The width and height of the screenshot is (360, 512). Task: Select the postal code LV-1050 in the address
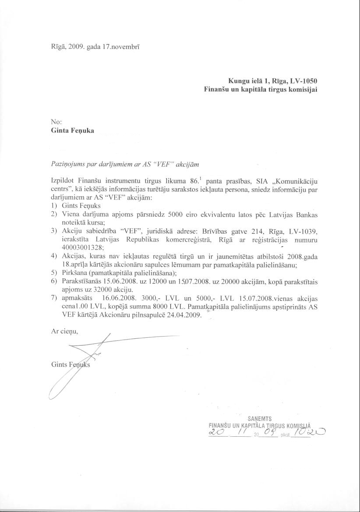[303, 81]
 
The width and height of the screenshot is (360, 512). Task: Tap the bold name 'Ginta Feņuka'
[72, 130]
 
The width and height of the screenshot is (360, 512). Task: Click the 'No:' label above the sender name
[57, 122]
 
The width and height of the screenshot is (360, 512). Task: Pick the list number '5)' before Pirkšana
[54, 273]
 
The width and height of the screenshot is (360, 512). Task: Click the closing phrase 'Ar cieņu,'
[64, 331]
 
